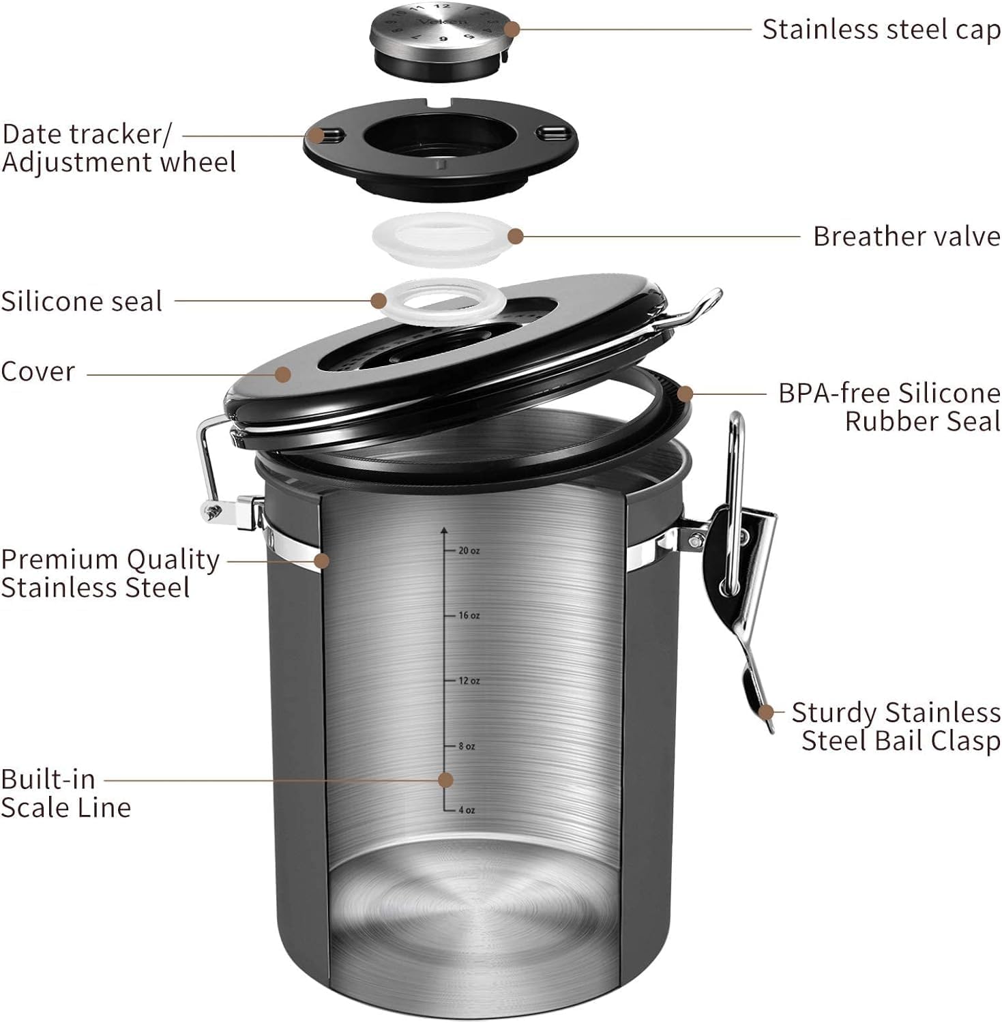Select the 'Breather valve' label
[x=907, y=237]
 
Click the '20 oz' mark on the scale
[x=468, y=550]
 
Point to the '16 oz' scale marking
[x=468, y=616]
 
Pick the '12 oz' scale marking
[x=468, y=681]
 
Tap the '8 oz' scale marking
[x=466, y=747]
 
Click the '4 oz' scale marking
[x=466, y=810]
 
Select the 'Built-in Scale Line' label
[x=65, y=793]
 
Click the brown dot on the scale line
[x=445, y=780]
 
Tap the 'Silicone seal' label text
[x=81, y=301]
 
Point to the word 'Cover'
[x=38, y=372]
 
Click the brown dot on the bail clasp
[x=767, y=712]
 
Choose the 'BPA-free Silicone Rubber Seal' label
[x=889, y=407]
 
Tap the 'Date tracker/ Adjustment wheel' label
[x=119, y=148]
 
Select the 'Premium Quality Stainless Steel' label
[x=109, y=573]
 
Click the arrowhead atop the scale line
[x=444, y=529]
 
